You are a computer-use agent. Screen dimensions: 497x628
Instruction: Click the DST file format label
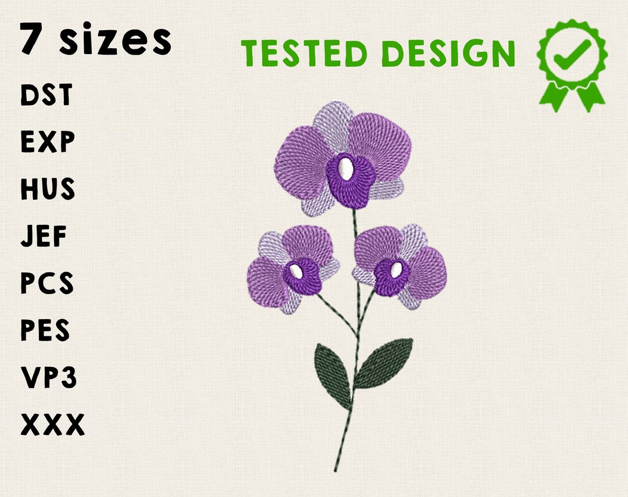pos(47,95)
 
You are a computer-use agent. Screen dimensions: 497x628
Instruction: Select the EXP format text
pos(48,142)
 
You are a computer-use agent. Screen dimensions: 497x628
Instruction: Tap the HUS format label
pos(48,189)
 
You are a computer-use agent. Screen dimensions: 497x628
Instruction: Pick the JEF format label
pos(44,237)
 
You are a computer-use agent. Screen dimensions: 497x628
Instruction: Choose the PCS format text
pos(47,284)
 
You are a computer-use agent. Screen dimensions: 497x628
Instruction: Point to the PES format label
pos(45,331)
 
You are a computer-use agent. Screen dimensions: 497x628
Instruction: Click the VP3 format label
pos(49,378)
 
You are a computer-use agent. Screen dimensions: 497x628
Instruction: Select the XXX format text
pos(52,425)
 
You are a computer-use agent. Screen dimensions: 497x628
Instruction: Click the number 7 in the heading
pos(34,39)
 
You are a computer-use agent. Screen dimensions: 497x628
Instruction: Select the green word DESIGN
pos(448,54)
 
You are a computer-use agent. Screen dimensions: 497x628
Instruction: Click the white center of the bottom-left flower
pos(296,271)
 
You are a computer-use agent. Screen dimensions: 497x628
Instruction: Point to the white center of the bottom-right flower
pos(396,270)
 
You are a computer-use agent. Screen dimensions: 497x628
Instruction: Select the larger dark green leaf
pos(384,363)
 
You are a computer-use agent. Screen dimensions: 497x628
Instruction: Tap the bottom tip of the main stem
pos(336,470)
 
